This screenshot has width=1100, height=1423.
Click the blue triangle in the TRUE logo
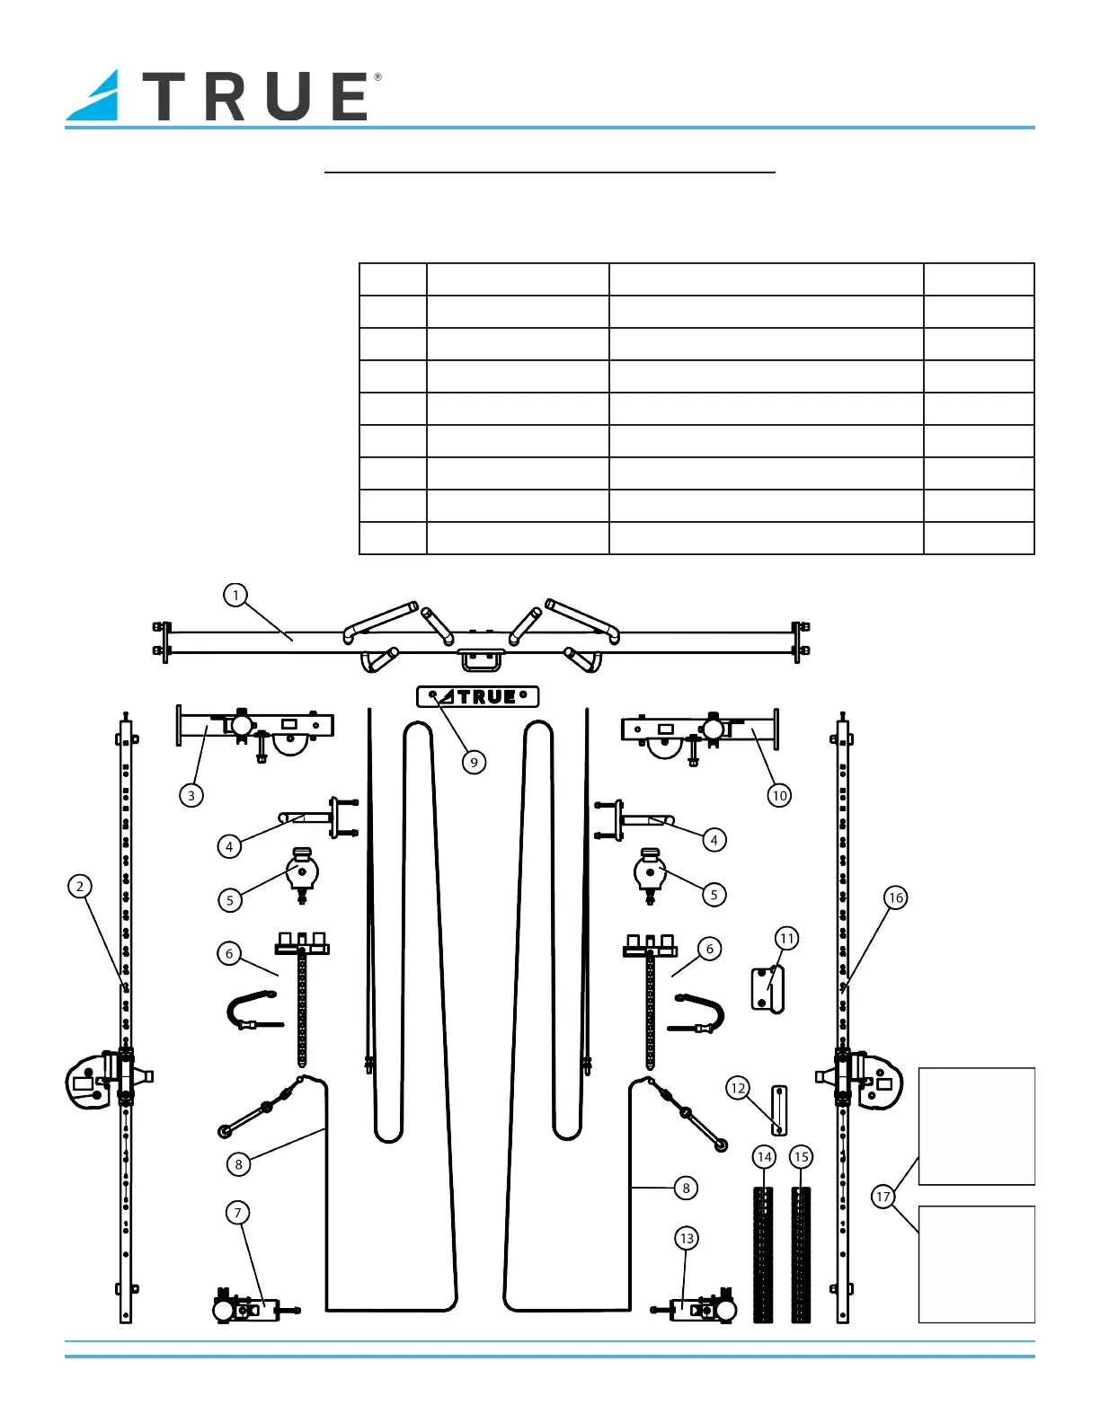(x=98, y=98)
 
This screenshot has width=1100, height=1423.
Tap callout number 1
(x=235, y=596)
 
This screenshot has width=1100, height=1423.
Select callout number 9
(x=474, y=762)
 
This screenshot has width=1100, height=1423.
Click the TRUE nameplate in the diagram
(x=477, y=697)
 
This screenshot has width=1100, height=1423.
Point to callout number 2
(x=80, y=887)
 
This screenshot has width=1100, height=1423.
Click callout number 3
(x=191, y=796)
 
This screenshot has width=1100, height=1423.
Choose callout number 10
(x=779, y=796)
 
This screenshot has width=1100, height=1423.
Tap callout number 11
(x=786, y=939)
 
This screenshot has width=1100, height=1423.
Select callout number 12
(x=738, y=1088)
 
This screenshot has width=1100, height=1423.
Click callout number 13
(x=687, y=1238)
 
